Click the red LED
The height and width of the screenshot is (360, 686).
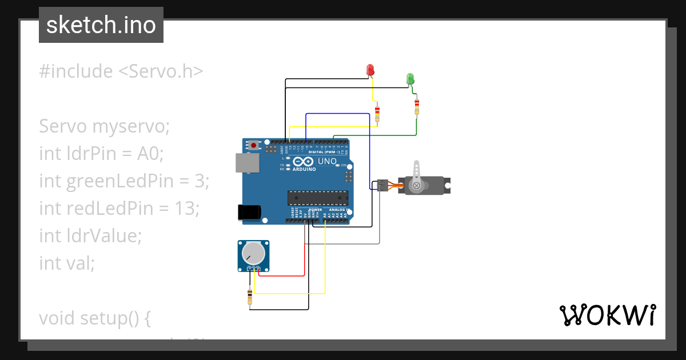pyautogui.click(x=370, y=70)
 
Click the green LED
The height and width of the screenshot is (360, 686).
pyautogui.click(x=410, y=79)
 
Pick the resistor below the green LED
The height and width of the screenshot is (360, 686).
pyautogui.click(x=417, y=106)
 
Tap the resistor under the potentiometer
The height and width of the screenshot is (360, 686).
pyautogui.click(x=250, y=297)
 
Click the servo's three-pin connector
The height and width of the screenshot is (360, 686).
pyautogui.click(x=381, y=185)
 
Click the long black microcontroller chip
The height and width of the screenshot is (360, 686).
pyautogui.click(x=317, y=198)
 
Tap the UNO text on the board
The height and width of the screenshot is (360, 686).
pyautogui.click(x=327, y=162)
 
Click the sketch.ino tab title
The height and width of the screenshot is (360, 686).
pyautogui.click(x=101, y=25)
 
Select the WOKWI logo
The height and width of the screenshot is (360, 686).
pyautogui.click(x=607, y=315)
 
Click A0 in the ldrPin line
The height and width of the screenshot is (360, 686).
pyautogui.click(x=151, y=154)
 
